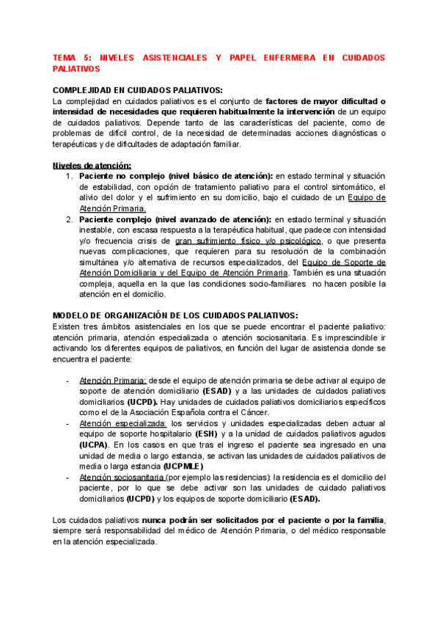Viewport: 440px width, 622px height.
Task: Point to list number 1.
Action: coord(68,176)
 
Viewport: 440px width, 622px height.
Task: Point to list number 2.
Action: coord(68,219)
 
